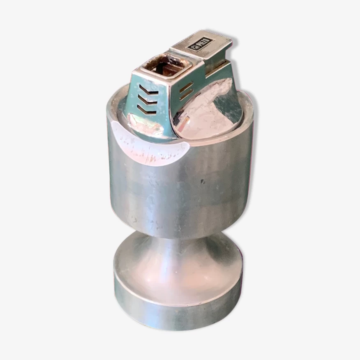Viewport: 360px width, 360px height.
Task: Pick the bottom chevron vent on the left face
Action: [146, 111]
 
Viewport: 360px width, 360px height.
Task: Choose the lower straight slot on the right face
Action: [186, 95]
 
